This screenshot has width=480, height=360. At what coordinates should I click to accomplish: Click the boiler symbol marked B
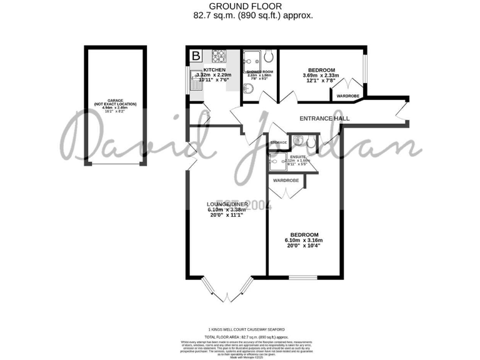pyautogui.click(x=196, y=56)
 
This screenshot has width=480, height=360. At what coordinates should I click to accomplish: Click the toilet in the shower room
pyautogui.click(x=268, y=56)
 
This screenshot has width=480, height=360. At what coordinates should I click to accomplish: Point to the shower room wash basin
pyautogui.click(x=248, y=89)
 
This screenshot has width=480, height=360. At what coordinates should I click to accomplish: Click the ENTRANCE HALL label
pyautogui.click(x=324, y=118)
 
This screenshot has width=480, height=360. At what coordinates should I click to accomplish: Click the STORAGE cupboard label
pyautogui.click(x=279, y=143)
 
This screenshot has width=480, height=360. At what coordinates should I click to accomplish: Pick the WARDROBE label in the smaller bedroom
pyautogui.click(x=348, y=96)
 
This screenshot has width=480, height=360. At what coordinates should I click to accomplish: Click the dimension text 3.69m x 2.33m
pyautogui.click(x=319, y=76)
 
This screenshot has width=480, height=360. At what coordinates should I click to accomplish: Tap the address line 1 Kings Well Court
pyautogui.click(x=246, y=329)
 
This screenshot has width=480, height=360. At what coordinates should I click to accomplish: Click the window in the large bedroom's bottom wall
pyautogui.click(x=303, y=276)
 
